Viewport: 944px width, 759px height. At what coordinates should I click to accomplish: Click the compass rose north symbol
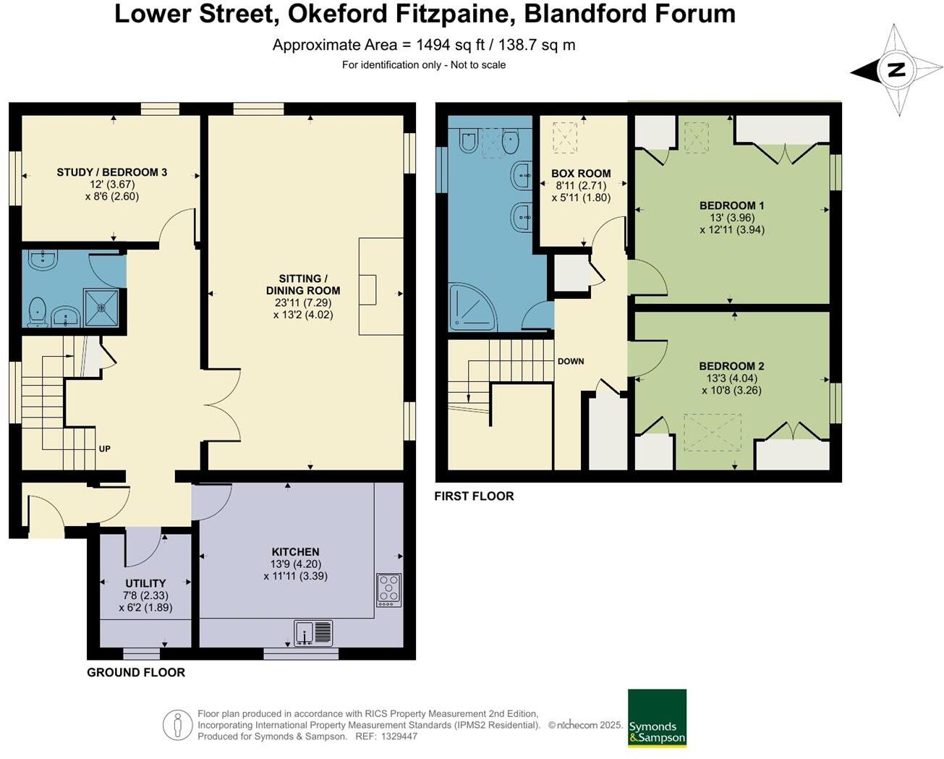(897, 70)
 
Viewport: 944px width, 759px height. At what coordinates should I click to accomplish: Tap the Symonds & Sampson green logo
(657, 718)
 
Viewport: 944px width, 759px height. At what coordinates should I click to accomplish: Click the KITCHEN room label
(295, 551)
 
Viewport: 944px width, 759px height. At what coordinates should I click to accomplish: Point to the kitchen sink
(313, 633)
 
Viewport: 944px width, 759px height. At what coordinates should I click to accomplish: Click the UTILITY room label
(145, 583)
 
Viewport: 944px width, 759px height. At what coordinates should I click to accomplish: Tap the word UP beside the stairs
(104, 449)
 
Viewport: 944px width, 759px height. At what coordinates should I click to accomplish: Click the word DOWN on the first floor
(570, 361)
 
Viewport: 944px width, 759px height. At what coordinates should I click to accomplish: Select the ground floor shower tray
(101, 308)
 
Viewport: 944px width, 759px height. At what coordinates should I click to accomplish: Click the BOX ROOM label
(581, 174)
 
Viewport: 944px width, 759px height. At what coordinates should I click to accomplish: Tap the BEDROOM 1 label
(731, 205)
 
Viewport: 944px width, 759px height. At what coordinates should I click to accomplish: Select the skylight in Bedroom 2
(713, 432)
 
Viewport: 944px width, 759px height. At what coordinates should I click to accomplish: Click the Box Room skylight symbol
(565, 137)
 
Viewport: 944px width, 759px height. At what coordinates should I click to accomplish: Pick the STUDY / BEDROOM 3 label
(112, 172)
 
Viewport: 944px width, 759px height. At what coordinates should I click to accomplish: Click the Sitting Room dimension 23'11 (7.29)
(302, 303)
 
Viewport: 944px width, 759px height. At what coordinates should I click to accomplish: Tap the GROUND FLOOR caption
(136, 672)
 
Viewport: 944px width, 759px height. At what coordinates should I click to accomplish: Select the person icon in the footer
(177, 725)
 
